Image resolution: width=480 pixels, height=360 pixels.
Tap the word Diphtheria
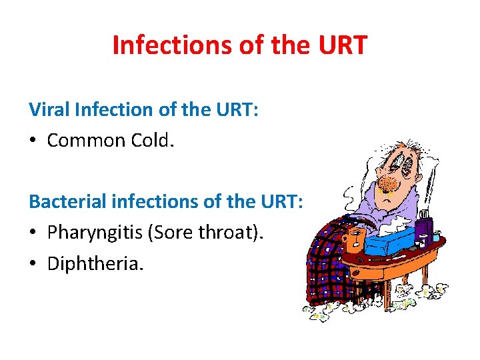click(x=95, y=263)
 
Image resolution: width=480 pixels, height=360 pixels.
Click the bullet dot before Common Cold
click(x=33, y=141)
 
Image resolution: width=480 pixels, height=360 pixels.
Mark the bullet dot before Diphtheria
click(x=33, y=264)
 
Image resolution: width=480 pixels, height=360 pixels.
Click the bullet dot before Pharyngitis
click(x=33, y=233)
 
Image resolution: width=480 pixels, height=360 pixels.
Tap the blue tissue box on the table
click(x=387, y=242)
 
